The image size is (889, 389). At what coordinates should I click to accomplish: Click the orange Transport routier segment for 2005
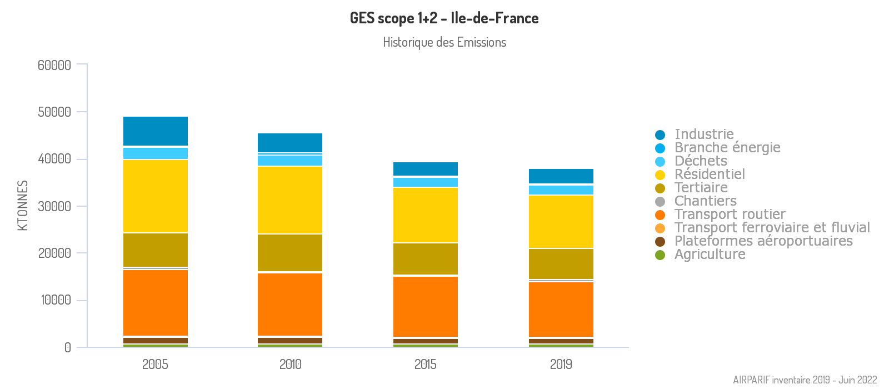(x=156, y=303)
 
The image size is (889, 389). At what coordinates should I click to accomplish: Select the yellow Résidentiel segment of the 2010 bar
(x=290, y=200)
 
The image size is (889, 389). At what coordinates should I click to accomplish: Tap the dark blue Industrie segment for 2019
(x=561, y=176)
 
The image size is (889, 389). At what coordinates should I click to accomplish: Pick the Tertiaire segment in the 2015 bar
(x=426, y=259)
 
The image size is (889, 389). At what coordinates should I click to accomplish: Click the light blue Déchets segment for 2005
(x=156, y=153)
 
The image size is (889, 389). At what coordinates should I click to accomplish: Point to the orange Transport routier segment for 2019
(x=561, y=310)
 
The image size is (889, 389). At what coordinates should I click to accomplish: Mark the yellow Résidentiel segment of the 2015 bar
(x=426, y=215)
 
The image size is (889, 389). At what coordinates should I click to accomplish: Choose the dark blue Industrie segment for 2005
(x=156, y=131)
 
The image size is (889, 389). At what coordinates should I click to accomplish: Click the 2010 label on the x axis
(x=290, y=365)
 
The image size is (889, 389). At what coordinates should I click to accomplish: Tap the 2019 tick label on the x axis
(x=561, y=365)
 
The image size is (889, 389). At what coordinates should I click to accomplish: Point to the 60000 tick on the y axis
(x=54, y=65)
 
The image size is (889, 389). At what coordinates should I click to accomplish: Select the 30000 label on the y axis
(x=54, y=206)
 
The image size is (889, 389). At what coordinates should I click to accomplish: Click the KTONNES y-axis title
(x=23, y=206)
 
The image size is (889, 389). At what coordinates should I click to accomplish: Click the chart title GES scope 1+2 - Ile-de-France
(x=444, y=18)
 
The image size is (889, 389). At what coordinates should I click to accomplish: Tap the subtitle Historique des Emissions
(x=444, y=42)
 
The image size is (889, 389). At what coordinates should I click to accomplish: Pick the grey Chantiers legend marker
(x=660, y=202)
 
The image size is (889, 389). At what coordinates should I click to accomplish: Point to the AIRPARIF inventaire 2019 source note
(x=805, y=380)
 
